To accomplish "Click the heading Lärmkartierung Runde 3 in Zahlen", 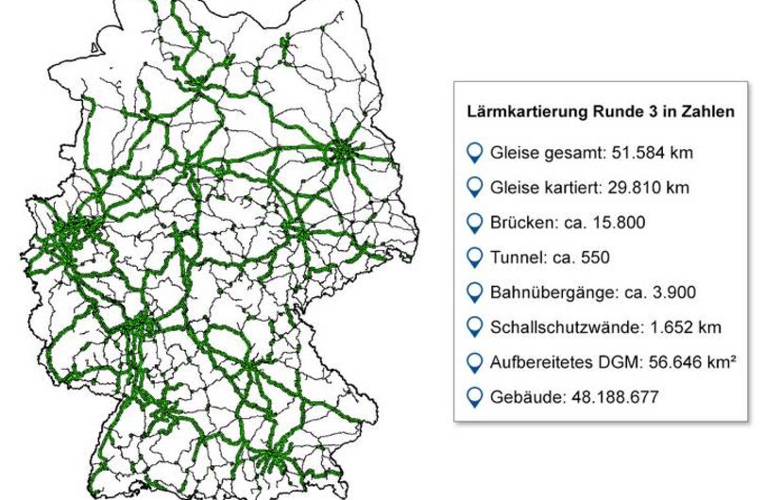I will click(x=601, y=112).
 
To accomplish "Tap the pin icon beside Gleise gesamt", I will click(x=474, y=152).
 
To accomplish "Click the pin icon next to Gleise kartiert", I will click(x=474, y=187).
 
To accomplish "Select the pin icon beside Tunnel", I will click(x=474, y=258).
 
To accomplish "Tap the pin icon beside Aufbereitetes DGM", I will click(x=474, y=362).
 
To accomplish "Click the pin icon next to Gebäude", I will click(x=474, y=397).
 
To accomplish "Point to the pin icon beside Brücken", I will click(x=474, y=223).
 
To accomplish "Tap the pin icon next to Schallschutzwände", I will click(x=474, y=327).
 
